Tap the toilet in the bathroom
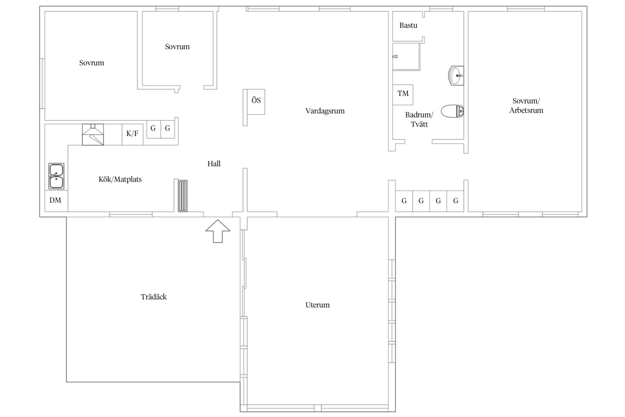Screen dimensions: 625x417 (x=452, y=111)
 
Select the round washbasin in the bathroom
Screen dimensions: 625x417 (x=456, y=75)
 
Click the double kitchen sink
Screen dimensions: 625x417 (x=56, y=176)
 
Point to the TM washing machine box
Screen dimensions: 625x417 (x=403, y=95)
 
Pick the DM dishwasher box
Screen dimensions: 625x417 (x=56, y=200)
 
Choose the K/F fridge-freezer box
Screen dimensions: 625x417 (x=133, y=134)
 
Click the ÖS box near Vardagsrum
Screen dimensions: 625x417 (x=256, y=102)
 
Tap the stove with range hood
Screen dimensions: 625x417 (x=93, y=134)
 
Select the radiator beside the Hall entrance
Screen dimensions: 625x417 (x=183, y=196)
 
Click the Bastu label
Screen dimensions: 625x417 (x=408, y=25)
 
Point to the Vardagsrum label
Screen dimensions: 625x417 (x=325, y=111)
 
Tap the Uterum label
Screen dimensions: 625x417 (x=318, y=305)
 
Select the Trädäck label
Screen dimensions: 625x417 (x=154, y=297)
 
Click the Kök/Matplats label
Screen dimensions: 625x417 (x=120, y=179)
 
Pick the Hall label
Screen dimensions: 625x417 (x=214, y=164)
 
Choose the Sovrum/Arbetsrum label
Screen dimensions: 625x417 (x=526, y=105)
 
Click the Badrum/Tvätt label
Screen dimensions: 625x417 (x=419, y=119)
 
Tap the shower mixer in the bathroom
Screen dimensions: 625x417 (x=395, y=57)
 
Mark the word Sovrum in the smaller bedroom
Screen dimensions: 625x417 (x=177, y=47)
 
